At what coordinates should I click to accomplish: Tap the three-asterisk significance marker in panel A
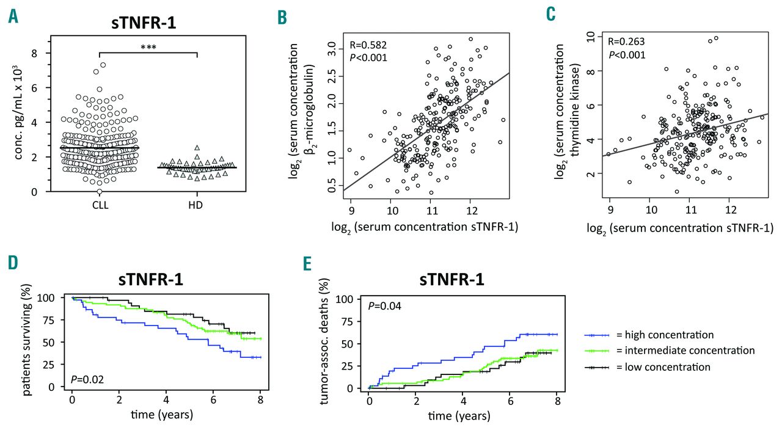[x=147, y=46]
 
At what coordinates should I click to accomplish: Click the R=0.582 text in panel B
[x=368, y=45]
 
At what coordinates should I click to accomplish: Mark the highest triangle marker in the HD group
[x=196, y=147]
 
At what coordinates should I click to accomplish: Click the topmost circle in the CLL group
[x=103, y=65]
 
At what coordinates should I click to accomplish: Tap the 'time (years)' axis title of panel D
[x=162, y=415]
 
